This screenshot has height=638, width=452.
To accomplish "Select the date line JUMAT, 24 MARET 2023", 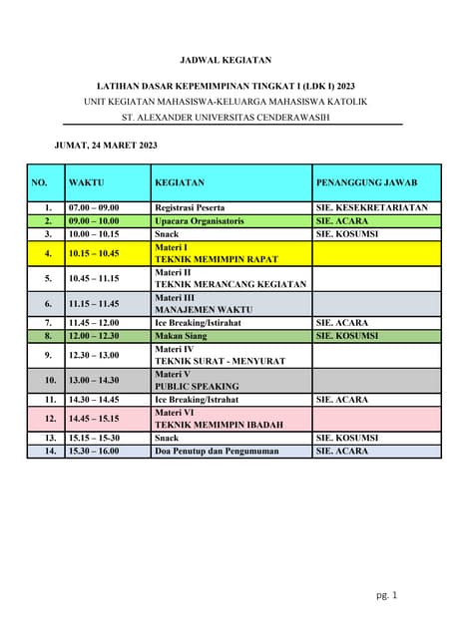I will coord(106,146).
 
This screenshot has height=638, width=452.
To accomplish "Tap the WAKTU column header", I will coord(87,182).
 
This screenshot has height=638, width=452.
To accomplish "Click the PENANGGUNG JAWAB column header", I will coord(366,182).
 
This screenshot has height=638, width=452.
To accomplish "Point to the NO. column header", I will coord(40,182).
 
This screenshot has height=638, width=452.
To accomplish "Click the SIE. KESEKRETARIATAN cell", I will coord(371,207).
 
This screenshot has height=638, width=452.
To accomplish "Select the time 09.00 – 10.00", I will coord(94,220).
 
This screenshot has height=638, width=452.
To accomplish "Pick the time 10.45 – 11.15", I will coord(94,278).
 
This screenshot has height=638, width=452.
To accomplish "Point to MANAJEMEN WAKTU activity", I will coord(202,309).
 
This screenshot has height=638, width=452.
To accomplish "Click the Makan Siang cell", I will coord(182,336).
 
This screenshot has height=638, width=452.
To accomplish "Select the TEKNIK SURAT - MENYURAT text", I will coord(220,361).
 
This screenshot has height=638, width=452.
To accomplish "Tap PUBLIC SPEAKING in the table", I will coord(197,386).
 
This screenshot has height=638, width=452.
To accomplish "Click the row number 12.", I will coord(48,419).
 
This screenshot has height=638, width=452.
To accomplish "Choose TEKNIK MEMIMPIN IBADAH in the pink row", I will coord(219,425).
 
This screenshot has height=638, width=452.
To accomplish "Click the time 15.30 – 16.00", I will coord(94,451).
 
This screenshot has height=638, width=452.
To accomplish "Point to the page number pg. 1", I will coord(387,595).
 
